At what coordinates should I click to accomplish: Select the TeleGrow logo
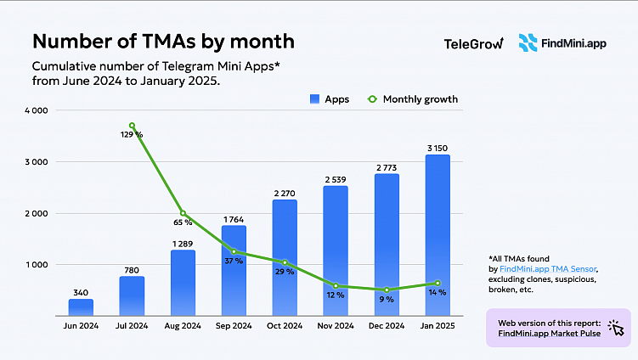pos(473,42)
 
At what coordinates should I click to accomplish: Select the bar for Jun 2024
pos(81,307)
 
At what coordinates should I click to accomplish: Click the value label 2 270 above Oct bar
pos(285,193)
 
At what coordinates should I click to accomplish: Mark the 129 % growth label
pos(132,135)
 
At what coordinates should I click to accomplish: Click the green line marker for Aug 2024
pos(183,213)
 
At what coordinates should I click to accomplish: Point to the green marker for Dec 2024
pos(387,290)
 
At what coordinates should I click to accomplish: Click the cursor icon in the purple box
pos(616,329)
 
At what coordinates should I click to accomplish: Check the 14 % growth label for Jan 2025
pos(437,292)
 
